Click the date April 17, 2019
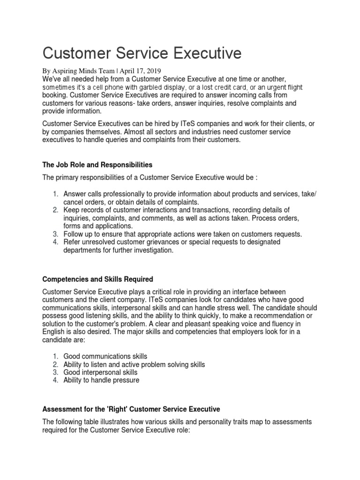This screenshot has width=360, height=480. pyautogui.click(x=138, y=71)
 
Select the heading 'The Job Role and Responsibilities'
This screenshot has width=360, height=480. pyautogui.click(x=97, y=165)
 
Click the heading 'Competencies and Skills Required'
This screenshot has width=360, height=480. pyautogui.click(x=97, y=279)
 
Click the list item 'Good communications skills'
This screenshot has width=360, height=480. pyautogui.click(x=108, y=356)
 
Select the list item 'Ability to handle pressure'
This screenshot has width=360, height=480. pyautogui.click(x=101, y=380)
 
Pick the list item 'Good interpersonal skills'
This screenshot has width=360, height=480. pyautogui.click(x=100, y=372)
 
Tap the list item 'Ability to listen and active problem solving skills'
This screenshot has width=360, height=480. pyautogui.click(x=134, y=364)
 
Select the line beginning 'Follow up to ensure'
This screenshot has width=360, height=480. pyautogui.click(x=183, y=233)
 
